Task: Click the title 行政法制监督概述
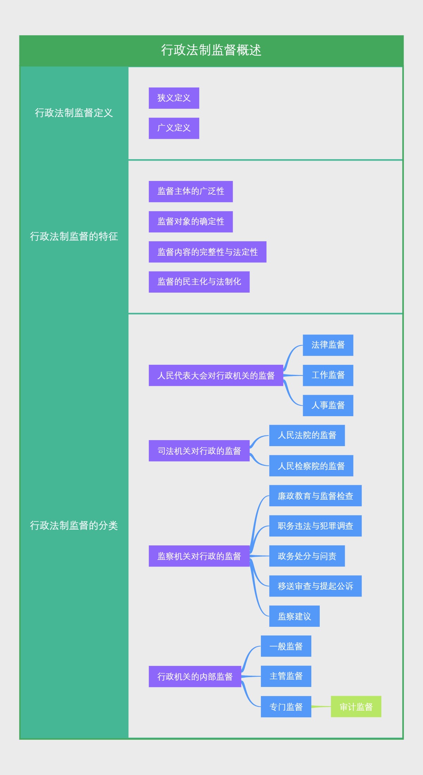pos(211,50)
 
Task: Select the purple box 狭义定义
pos(174,98)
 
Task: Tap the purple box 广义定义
pos(174,128)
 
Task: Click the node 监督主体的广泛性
pos(191,192)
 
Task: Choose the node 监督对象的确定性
pos(191,222)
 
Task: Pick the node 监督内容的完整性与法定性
pos(207,252)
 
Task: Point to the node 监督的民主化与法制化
pos(199,282)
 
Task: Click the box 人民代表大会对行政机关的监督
pos(216,375)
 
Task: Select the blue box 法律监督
pos(328,345)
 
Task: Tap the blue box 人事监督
pos(328,405)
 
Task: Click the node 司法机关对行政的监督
pos(199,451)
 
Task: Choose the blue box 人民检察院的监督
pos(311,466)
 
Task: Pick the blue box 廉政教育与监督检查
pos(315,496)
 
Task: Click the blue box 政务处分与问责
pos(307,556)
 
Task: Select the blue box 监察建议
pos(294,616)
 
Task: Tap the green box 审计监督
pos(356,707)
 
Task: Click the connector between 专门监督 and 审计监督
pos(321,707)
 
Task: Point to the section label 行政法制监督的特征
pos(74,236)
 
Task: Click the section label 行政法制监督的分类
pos(74,525)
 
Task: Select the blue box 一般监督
pos(286,646)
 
